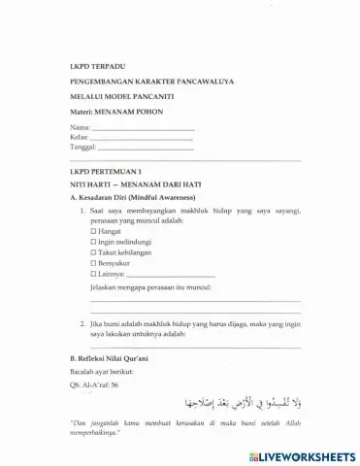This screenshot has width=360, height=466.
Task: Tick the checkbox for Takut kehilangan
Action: (93, 252)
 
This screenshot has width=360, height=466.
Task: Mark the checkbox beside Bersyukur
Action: (93, 263)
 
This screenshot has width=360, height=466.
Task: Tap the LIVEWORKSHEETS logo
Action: (299, 455)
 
